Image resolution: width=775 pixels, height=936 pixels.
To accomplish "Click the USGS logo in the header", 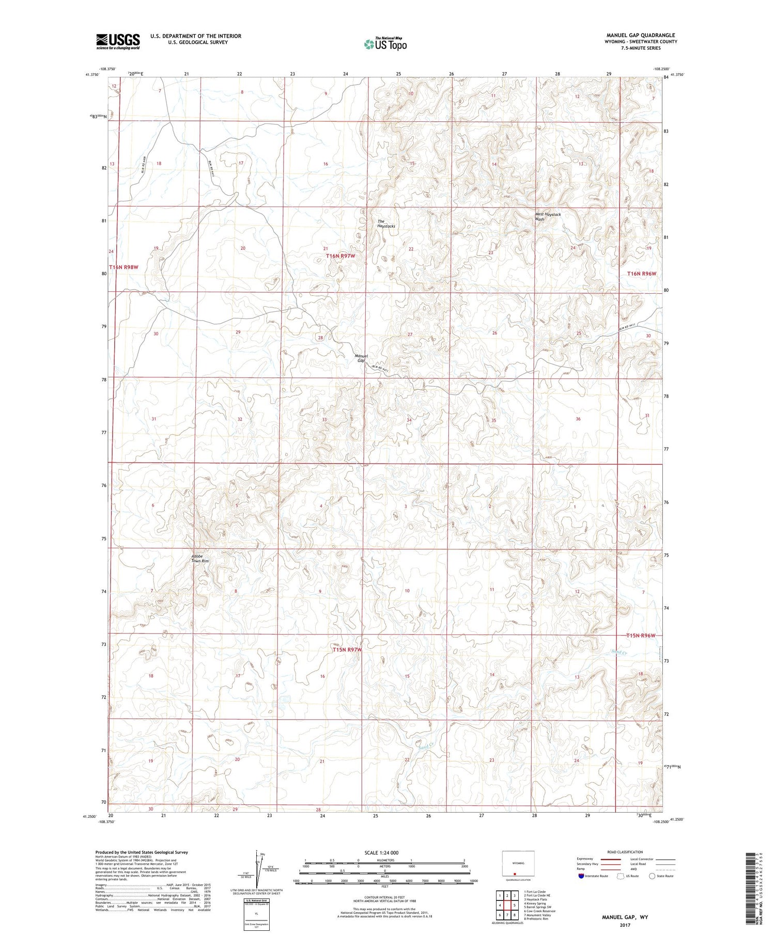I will click(x=118, y=41).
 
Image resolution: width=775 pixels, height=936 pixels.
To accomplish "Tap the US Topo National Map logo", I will click(x=385, y=44).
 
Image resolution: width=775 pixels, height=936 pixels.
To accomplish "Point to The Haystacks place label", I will click(x=385, y=224).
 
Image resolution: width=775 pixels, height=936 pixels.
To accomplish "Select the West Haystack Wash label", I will click(x=547, y=216).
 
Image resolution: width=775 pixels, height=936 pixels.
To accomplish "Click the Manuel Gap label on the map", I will click(x=361, y=358).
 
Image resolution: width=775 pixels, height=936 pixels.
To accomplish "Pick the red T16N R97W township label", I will click(x=340, y=256).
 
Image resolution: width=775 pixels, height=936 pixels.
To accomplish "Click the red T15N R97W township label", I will click(x=347, y=649).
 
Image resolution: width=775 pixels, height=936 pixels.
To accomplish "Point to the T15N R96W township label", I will click(x=641, y=636).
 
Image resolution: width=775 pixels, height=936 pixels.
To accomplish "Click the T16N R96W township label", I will click(x=644, y=274).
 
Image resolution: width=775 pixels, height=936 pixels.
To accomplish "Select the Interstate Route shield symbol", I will click(x=581, y=876).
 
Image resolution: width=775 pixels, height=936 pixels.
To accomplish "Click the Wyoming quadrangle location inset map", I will click(x=518, y=865).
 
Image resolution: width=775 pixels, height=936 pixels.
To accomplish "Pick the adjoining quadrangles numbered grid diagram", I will click(x=508, y=905).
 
